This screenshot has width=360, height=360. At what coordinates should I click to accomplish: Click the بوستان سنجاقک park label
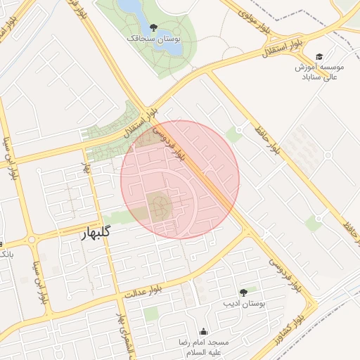coord(154,40)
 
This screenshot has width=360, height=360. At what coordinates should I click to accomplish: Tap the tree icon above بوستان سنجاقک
coord(154,27)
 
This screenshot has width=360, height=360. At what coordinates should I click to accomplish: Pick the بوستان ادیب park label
coord(243,304)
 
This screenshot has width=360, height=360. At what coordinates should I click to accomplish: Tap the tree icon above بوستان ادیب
coord(243,292)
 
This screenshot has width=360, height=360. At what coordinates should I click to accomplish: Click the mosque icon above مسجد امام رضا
coord(204,331)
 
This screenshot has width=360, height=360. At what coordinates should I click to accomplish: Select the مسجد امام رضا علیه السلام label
coord(204,345)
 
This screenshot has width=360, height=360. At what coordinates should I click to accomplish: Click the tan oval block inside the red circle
coord(159,206)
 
